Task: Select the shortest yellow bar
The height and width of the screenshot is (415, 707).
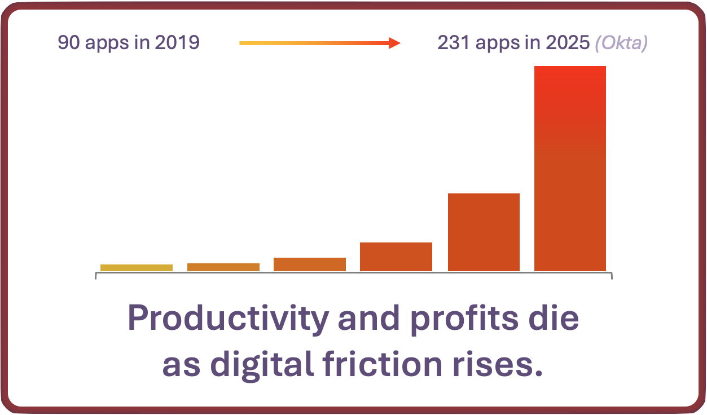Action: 137,268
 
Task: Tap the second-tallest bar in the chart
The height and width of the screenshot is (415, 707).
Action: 484,232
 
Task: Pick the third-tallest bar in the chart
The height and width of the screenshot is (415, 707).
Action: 396,257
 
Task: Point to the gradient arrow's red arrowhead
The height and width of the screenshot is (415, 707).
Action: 394,43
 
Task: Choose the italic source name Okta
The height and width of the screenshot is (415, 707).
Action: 621,43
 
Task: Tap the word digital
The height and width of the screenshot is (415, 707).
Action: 262,365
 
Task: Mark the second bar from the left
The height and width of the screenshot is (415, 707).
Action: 223,267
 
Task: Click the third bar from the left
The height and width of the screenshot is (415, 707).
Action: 310,264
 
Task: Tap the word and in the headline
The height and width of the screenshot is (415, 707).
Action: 368,319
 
